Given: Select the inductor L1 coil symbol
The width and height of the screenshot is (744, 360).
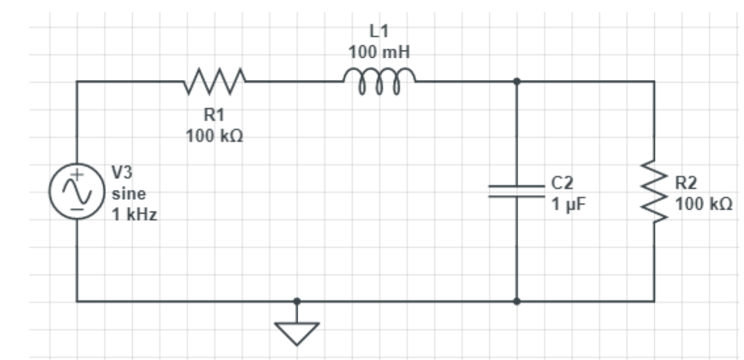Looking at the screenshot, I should point(379,83).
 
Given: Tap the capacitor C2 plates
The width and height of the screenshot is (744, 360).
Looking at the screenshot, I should point(517,191).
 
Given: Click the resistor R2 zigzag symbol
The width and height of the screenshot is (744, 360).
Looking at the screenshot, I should point(654,191).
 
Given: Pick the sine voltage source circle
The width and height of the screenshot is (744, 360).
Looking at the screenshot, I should point(77,191).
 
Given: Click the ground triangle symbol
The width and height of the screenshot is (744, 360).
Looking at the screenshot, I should point(297,333).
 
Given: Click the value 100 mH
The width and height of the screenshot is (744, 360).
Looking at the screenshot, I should point(380,51).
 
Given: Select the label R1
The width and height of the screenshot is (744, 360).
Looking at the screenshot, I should point(215,116).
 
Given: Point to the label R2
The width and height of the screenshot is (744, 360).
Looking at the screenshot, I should point(686,183).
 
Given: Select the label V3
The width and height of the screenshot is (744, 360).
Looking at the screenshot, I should point(122,173).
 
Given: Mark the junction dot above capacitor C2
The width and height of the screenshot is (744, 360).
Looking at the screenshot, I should point(517,81).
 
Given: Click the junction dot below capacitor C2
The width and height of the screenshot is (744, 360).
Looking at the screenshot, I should point(517,302).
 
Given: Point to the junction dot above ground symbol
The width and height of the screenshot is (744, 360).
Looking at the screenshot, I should point(297,302).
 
